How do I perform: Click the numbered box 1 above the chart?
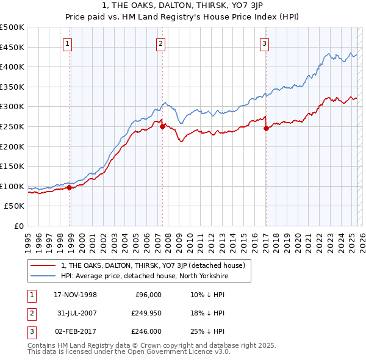pos(67,43)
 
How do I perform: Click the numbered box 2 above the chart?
pos(160,43)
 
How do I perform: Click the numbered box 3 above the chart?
pos(265,43)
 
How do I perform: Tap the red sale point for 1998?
pos(69,187)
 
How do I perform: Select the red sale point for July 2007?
pos(162,127)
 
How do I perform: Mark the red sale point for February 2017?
pos(267,128)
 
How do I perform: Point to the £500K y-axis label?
pos(12,27)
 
